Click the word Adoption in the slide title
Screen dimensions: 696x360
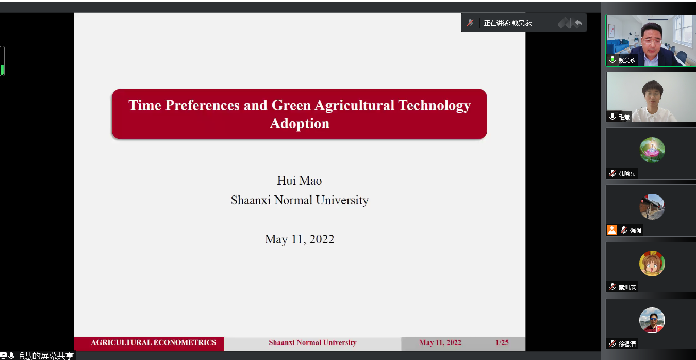tap(300, 124)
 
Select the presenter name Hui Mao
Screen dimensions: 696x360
tap(299, 181)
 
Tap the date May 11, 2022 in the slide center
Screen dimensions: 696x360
tap(299, 239)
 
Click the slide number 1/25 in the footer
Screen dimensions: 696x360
tap(502, 342)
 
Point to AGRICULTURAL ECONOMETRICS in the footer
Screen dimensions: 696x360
tap(153, 342)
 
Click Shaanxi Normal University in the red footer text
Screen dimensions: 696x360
tap(312, 342)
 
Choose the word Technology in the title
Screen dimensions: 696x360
tap(435, 105)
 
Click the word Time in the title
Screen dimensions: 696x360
tap(145, 105)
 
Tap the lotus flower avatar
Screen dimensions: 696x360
tap(652, 150)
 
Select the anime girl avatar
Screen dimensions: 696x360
tap(652, 264)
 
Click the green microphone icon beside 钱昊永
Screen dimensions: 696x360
tap(612, 60)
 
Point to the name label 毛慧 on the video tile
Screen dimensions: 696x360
tap(624, 117)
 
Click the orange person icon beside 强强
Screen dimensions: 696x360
tap(612, 230)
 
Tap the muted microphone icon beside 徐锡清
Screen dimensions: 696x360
tap(612, 343)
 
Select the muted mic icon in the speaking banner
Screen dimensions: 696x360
tap(470, 23)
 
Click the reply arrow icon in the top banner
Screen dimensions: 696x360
tap(578, 23)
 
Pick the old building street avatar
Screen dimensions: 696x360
tap(652, 207)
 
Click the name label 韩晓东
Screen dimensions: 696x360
tap(627, 174)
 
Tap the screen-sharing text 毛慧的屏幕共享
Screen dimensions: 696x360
tap(45, 356)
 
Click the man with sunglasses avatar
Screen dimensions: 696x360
tap(652, 320)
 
